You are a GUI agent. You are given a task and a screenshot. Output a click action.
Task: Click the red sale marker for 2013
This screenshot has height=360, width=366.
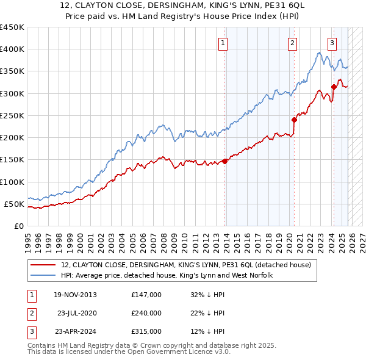click(x=225, y=161)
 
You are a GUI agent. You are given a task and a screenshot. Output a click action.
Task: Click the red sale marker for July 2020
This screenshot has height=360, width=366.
click(x=294, y=120)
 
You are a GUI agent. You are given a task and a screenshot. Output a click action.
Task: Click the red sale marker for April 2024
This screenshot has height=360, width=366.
click(x=334, y=87)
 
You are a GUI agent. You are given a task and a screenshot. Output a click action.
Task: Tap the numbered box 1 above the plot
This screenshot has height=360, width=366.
click(x=223, y=43)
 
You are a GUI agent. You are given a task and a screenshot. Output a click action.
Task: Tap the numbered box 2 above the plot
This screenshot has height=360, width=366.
click(x=293, y=43)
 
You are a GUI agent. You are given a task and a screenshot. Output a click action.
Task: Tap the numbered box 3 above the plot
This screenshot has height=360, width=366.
click(x=332, y=43)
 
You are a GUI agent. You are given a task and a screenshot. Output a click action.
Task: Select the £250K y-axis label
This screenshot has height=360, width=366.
click(x=12, y=115)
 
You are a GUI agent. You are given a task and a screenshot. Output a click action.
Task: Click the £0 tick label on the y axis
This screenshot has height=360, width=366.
click(x=18, y=226)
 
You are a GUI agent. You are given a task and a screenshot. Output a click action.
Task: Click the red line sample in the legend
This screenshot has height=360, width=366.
click(x=43, y=265)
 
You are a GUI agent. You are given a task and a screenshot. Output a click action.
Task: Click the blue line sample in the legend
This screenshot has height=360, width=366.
click(x=43, y=276)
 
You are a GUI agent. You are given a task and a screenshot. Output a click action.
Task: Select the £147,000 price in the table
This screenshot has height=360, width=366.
click(x=146, y=295)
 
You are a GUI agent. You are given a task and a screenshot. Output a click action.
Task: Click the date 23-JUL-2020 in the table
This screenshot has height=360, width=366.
click(x=77, y=313)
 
